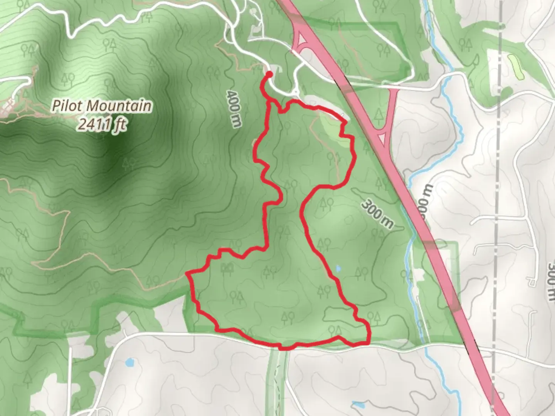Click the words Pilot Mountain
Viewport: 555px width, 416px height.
[102, 106]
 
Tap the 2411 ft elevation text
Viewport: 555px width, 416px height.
[102, 124]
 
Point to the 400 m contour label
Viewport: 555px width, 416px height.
[234, 108]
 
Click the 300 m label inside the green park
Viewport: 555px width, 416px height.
[377, 215]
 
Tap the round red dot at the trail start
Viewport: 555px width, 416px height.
[269, 74]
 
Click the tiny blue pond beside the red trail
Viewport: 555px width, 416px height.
[338, 268]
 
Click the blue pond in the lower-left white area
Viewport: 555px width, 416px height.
[129, 362]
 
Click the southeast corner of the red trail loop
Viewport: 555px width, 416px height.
[368, 341]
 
